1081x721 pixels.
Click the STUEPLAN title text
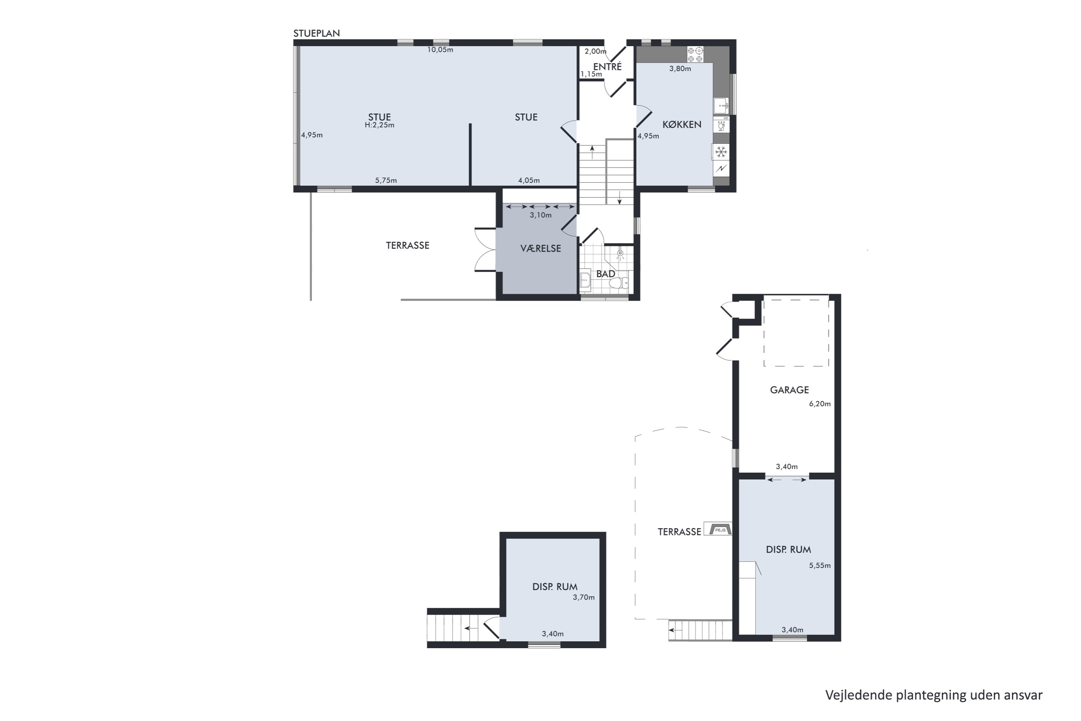(316, 33)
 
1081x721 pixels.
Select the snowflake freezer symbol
(721, 152)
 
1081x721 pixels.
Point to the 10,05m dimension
(440, 50)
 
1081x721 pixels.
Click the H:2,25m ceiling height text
(379, 125)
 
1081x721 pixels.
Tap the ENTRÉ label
(607, 67)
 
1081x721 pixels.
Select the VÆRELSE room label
(540, 249)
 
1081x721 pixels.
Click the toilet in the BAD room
(618, 282)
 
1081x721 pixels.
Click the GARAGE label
(789, 390)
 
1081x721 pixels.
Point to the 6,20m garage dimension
(819, 404)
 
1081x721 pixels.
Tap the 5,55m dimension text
(819, 566)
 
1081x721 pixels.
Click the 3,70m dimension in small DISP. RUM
(583, 597)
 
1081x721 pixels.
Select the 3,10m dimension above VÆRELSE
(540, 215)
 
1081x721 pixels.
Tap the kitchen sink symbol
(721, 106)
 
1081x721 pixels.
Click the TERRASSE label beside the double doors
(407, 246)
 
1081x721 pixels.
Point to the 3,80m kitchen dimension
(680, 69)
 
